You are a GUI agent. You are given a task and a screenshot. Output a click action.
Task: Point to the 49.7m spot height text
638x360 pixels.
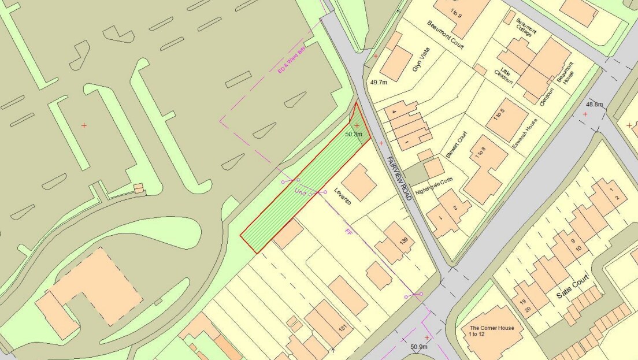379,83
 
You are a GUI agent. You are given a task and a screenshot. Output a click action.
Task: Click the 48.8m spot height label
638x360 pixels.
595,105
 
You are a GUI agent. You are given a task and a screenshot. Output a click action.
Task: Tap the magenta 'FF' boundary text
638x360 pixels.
348,232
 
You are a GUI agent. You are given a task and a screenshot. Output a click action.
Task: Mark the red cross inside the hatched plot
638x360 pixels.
357,125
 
